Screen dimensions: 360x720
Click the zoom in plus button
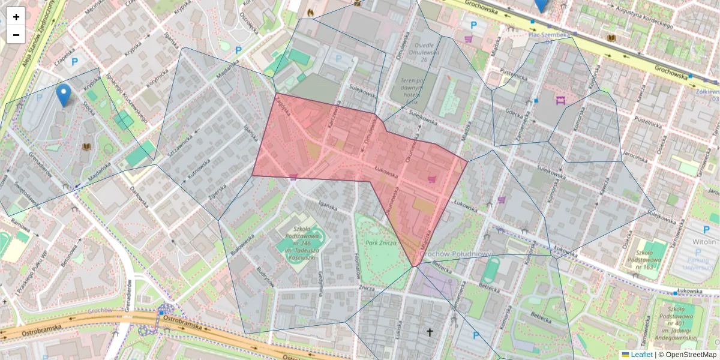[16, 17]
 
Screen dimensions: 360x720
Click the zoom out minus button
[16, 35]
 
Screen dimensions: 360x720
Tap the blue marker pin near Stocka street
[63, 95]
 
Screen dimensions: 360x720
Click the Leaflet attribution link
[641, 355]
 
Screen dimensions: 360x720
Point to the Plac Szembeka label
[549, 35]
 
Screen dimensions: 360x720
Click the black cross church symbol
[429, 332]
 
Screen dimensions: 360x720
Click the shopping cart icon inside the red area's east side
[431, 179]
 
